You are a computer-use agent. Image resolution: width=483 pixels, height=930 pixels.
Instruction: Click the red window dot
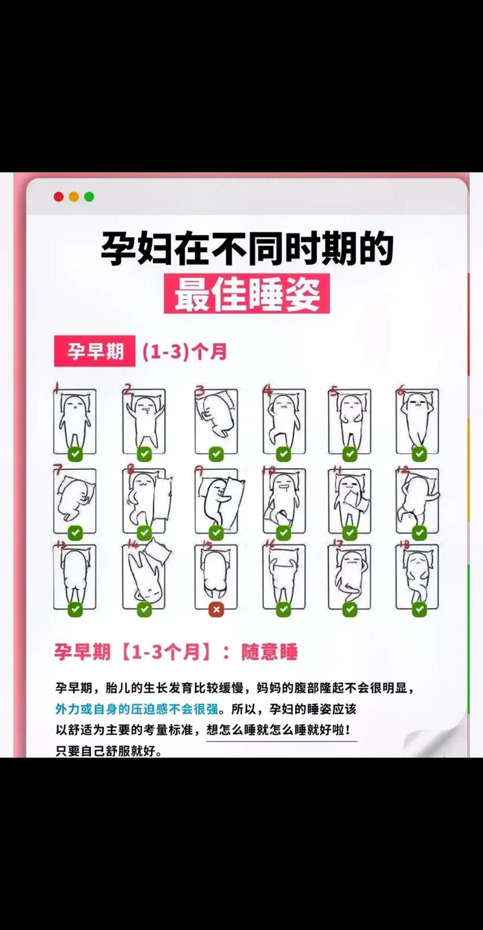pos(59,196)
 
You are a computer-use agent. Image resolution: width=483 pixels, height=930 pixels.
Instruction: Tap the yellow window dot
pos(74,196)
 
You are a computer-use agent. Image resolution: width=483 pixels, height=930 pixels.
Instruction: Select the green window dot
pos(89,196)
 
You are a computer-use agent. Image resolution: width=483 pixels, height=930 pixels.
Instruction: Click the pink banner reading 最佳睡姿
pos(246,293)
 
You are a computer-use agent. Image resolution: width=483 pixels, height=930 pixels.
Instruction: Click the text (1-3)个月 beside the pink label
pos(185,351)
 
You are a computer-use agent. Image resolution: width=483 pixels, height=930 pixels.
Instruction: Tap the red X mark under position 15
pos(216,610)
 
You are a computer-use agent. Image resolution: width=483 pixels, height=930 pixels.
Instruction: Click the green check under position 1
pos(75,454)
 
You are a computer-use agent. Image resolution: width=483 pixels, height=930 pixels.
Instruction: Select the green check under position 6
pos(419,454)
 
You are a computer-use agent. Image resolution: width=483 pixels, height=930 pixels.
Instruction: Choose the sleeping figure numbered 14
pos(146,574)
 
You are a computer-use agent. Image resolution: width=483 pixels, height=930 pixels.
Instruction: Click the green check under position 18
pos(419,610)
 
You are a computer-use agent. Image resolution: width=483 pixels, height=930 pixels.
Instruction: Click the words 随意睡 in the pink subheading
pos(269,652)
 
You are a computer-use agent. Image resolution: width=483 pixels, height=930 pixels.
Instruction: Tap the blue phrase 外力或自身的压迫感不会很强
pos(137,708)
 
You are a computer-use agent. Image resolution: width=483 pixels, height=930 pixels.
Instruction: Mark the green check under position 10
pos(283,533)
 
